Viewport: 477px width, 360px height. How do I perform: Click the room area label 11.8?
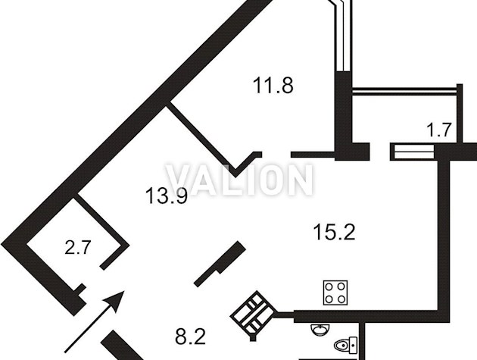point(273,86)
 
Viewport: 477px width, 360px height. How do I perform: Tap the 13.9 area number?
point(166,196)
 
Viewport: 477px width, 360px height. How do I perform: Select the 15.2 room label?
point(334,232)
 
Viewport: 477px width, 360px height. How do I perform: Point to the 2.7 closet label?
point(78,247)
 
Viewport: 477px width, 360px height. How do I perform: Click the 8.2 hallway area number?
point(191,337)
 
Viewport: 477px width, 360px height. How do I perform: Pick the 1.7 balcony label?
point(438,130)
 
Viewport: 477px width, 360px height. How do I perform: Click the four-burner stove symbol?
point(335,293)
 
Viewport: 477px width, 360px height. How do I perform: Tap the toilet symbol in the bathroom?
point(345,346)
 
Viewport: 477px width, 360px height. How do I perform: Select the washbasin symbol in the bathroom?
point(320,330)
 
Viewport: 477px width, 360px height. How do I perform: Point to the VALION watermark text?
point(239,180)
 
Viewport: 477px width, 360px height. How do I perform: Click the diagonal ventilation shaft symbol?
point(254,315)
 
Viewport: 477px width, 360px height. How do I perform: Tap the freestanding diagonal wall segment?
point(220,264)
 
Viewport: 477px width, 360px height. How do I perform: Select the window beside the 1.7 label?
point(414,152)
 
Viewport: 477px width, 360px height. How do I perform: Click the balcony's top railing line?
point(404,90)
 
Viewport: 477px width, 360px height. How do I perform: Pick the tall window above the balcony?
point(343,36)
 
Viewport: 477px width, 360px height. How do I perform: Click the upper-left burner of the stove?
point(329,286)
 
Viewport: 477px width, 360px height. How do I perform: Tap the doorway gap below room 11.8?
point(276,155)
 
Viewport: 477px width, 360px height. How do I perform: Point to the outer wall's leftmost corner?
point(1,244)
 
